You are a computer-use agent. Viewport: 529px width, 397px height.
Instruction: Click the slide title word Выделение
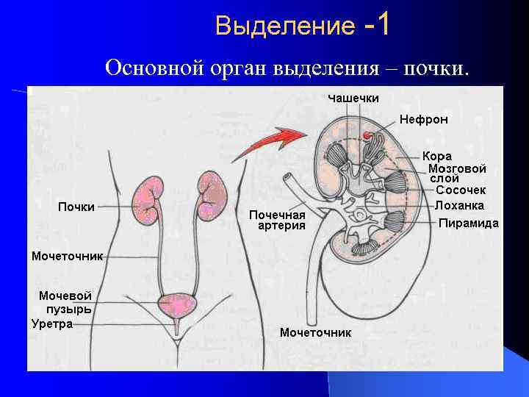pos(284,27)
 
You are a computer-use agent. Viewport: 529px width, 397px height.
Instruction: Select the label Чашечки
pos(353,98)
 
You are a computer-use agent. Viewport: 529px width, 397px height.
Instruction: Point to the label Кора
pos(437,156)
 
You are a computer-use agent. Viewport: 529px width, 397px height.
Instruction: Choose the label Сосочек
pos(461,190)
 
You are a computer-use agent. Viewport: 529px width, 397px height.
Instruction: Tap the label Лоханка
pos(459,206)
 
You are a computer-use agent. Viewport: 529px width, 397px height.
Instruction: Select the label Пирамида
pos(468,223)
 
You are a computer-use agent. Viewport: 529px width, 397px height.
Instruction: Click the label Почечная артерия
pos(277,220)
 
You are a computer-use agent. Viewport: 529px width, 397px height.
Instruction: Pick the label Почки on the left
pos(76,207)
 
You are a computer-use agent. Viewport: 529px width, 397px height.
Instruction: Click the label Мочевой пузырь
pos(65,302)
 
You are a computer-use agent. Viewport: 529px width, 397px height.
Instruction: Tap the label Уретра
pos(52,323)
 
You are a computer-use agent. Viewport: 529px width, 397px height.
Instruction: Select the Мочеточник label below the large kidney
pos(315,332)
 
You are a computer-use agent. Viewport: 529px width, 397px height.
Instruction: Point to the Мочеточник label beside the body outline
pos(67,257)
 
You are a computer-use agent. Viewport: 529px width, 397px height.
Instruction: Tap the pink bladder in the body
pos(176,304)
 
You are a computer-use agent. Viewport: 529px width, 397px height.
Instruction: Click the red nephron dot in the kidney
pos(365,136)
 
